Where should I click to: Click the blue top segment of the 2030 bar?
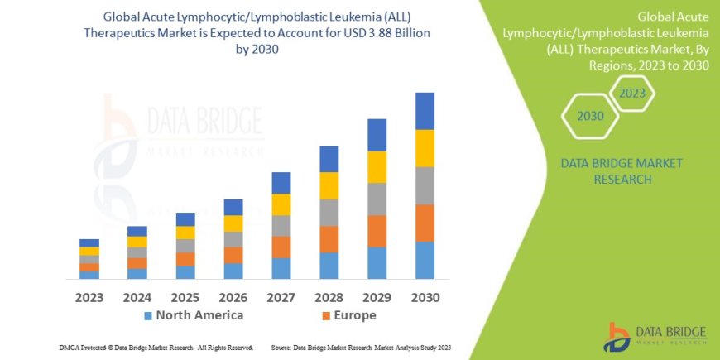[x=425, y=111]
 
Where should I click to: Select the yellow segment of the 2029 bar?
[x=377, y=167]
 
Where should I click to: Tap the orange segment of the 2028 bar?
[x=329, y=239]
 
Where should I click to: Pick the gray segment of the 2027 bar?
[x=281, y=226]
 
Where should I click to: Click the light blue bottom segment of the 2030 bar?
[x=425, y=260]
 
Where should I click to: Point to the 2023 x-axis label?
[x=89, y=296]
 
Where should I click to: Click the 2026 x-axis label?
[x=233, y=296]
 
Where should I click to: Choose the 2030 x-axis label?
[x=425, y=296]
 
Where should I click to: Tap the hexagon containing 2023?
[x=631, y=94]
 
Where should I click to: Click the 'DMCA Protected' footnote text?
[x=156, y=347]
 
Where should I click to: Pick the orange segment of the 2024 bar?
[x=137, y=263]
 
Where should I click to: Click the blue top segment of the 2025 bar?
[x=185, y=219]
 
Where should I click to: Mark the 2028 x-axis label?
[x=329, y=296]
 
